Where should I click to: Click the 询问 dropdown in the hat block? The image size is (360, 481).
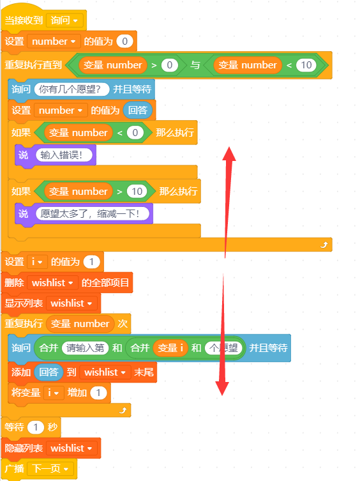(64, 20)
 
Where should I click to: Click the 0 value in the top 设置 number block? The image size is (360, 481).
(124, 41)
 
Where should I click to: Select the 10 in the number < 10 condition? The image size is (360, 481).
(306, 65)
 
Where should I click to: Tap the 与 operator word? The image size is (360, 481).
(195, 65)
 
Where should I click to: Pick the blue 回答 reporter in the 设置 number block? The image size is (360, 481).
(138, 110)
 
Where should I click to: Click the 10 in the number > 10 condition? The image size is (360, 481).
(137, 192)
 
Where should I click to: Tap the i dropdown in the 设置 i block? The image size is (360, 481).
(37, 262)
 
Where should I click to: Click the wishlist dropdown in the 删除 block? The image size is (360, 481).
(52, 282)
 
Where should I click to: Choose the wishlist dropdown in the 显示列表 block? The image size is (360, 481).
(71, 303)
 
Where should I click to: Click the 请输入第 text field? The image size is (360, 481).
(86, 348)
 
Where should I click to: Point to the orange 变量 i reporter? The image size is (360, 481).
(170, 348)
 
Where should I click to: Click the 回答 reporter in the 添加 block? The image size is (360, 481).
(49, 372)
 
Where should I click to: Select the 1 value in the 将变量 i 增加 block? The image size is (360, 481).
(98, 393)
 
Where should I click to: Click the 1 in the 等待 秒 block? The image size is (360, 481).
(36, 427)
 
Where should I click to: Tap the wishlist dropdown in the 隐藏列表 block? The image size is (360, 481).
(71, 448)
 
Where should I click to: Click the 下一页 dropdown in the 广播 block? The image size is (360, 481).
(50, 469)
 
